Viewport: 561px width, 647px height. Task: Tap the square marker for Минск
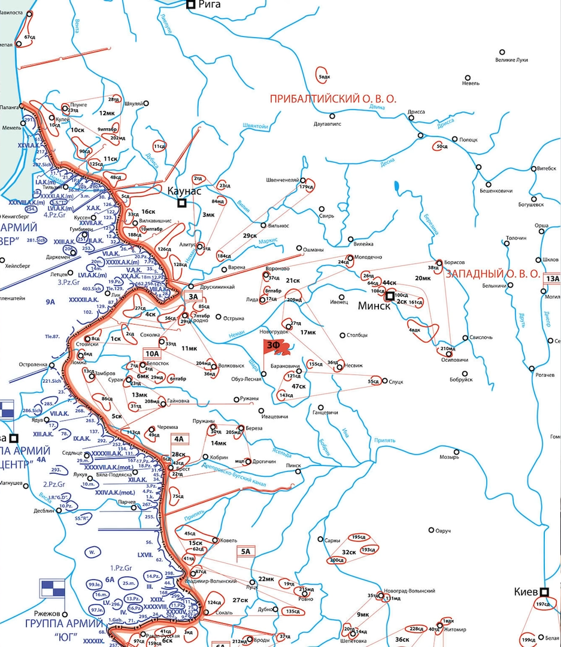[x=390, y=296]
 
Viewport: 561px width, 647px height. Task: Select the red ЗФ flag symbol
[x=275, y=346]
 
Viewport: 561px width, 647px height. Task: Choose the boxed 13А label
[x=551, y=279]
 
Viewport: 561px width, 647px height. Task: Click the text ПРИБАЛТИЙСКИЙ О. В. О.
[x=333, y=99]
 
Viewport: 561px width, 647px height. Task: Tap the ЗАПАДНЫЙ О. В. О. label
[x=493, y=273]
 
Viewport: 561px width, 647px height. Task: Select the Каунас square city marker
[x=182, y=204]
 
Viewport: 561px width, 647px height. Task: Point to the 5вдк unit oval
[x=325, y=75]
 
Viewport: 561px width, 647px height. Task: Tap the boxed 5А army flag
[x=245, y=552]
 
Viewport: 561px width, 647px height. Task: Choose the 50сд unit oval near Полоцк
[x=442, y=147]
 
